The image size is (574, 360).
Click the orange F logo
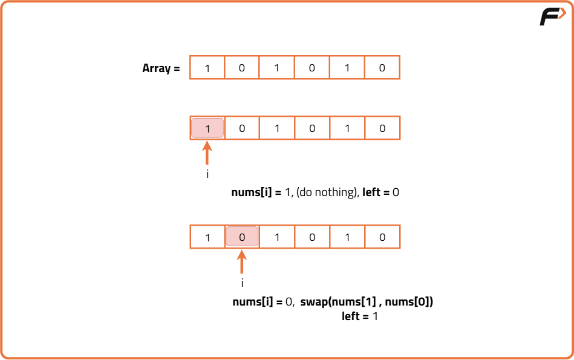[x=552, y=17]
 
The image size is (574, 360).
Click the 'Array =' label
[x=161, y=68]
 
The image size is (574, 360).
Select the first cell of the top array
[x=207, y=68]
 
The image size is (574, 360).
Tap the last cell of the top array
[x=382, y=68]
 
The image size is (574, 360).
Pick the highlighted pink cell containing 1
[x=207, y=128]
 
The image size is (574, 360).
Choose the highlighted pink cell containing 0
[x=242, y=237]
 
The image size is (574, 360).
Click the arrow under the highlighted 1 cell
[x=207, y=154]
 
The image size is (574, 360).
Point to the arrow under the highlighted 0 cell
[x=242, y=263]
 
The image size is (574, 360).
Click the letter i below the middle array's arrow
[x=207, y=174]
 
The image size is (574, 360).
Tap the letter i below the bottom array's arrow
[x=242, y=283]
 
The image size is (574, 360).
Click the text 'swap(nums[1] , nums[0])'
[x=367, y=301]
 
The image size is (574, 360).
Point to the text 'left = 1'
[x=360, y=316]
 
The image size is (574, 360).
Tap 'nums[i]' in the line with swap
[x=249, y=301]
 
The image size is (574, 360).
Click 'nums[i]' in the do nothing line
[x=249, y=192]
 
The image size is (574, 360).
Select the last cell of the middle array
[x=382, y=128]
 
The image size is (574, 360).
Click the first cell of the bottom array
[x=207, y=237]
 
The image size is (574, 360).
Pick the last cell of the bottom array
[x=382, y=237]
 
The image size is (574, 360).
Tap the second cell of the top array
[x=242, y=68]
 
